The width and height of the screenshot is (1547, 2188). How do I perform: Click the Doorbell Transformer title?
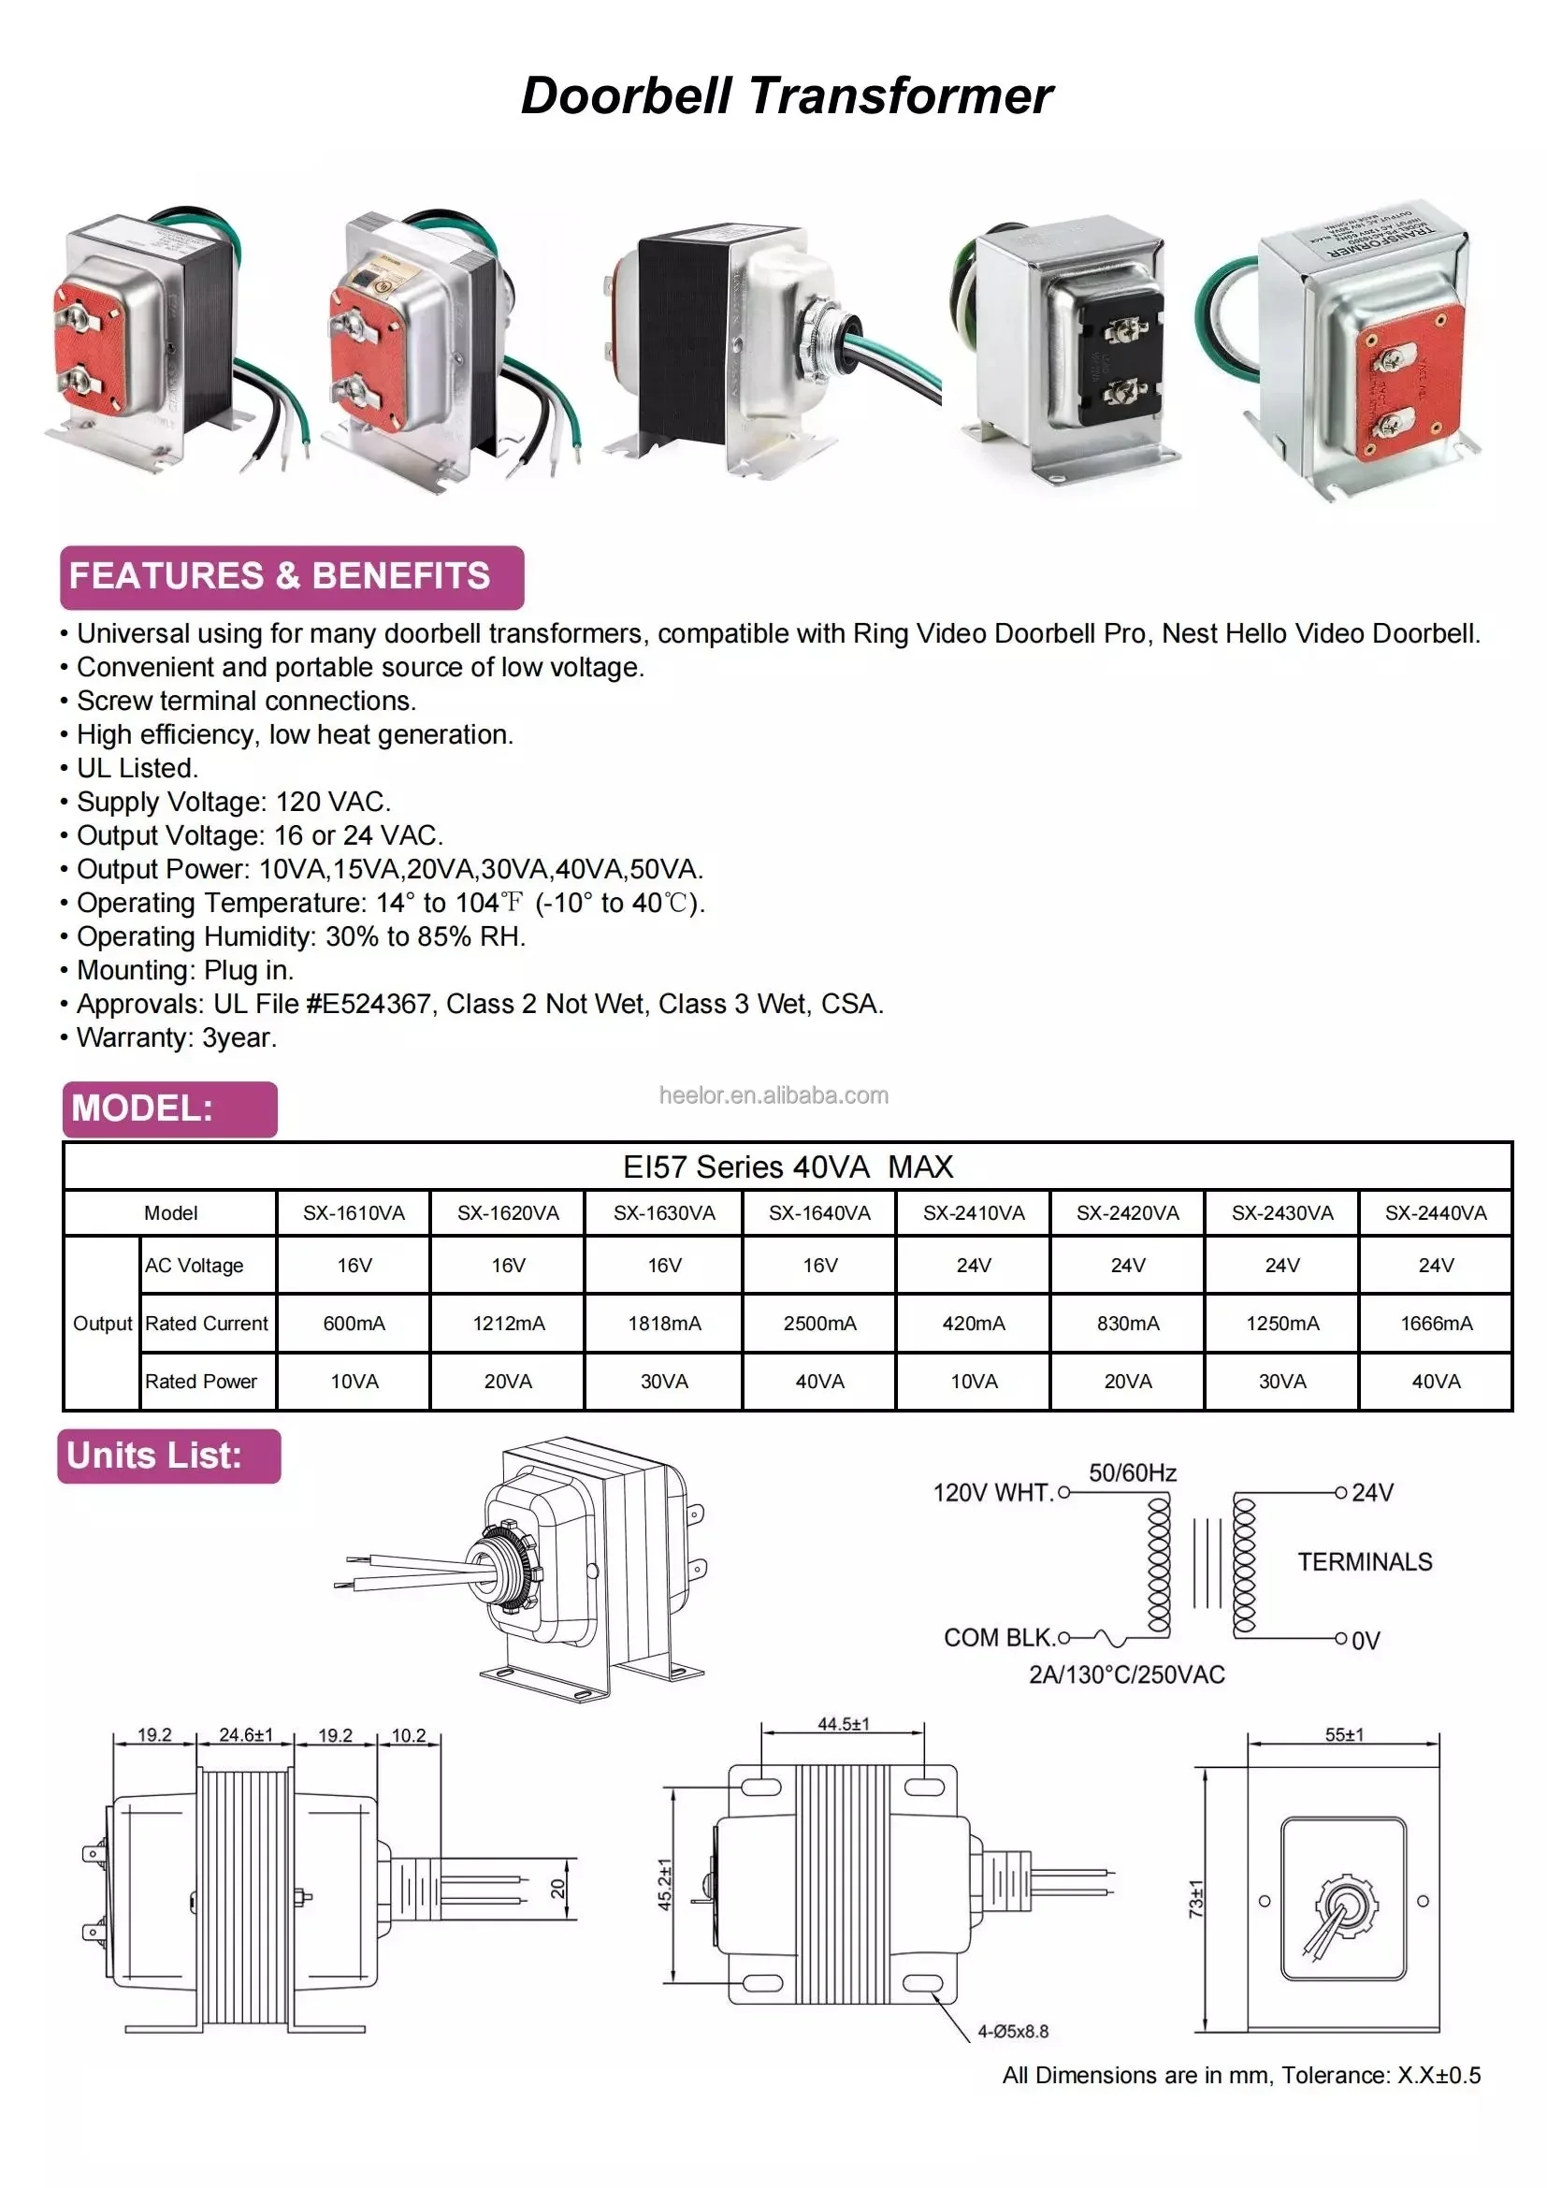786,96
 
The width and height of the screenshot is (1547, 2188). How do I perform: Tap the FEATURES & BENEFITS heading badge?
292,576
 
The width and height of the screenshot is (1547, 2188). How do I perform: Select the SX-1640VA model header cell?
819,1213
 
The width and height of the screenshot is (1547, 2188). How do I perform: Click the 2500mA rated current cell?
819,1323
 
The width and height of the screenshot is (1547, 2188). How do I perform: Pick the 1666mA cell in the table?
1436,1323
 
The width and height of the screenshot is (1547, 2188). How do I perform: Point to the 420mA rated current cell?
974,1323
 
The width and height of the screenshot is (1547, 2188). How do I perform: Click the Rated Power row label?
201,1381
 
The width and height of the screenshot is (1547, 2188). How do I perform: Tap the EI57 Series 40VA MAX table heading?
787,1166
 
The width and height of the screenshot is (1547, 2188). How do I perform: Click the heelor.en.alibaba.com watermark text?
773,1096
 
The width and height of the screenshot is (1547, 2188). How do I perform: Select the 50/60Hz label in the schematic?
1132,1472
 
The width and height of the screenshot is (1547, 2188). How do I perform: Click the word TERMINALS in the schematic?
1364,1562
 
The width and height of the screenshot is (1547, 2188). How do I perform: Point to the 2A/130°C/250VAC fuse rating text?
1126,1674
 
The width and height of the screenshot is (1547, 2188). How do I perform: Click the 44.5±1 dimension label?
843,1724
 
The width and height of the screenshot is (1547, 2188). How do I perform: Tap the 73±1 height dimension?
1196,1898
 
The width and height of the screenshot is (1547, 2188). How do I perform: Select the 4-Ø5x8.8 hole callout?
1013,2032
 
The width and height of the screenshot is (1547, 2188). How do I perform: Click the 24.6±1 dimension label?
246,1734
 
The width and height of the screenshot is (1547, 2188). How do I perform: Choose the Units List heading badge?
168,1456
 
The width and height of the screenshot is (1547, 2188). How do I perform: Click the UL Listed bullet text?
137,768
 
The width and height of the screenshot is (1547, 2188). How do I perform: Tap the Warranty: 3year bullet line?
176,1037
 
